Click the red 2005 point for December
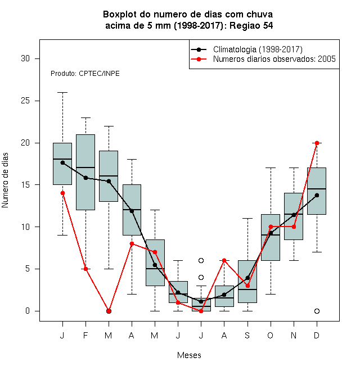point(317,143)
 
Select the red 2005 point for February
point(85,269)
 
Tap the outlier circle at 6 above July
point(201,260)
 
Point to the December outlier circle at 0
point(317,311)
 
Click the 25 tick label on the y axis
point(25,101)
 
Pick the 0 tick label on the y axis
point(28,311)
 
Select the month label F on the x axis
point(85,335)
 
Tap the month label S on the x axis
point(247,335)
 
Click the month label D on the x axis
point(317,335)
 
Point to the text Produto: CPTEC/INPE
point(85,74)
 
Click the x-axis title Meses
point(189,355)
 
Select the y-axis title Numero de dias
point(5,180)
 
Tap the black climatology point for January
point(62,162)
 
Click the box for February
point(85,172)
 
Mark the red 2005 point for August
point(224,260)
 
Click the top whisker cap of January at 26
point(62,93)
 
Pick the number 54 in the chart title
point(268,25)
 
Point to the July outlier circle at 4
point(201,277)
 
